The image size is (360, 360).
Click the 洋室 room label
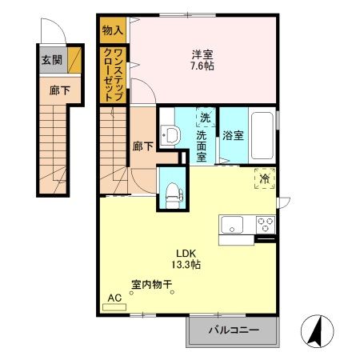202,54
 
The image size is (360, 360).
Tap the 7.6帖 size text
202,66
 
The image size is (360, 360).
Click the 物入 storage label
113,30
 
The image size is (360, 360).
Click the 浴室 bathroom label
233,135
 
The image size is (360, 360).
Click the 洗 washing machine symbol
205,118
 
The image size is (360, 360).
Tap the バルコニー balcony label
233,330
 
